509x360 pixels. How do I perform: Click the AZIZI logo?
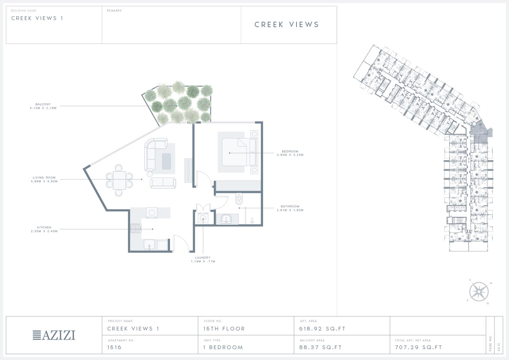(x=54, y=335)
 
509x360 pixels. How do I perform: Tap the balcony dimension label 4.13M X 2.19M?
(x=43, y=108)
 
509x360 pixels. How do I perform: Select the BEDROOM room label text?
(x=290, y=151)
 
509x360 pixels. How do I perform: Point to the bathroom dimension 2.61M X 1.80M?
(x=290, y=210)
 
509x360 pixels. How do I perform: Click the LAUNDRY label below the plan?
(x=203, y=258)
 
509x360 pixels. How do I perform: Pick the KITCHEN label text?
(x=44, y=227)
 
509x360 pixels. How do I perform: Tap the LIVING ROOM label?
(x=44, y=177)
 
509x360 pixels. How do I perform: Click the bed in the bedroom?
(x=240, y=152)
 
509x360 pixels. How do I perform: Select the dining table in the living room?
(x=119, y=180)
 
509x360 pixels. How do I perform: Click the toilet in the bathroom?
(x=239, y=199)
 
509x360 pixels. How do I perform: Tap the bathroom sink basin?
(x=226, y=219)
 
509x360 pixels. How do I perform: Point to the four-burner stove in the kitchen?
(x=136, y=228)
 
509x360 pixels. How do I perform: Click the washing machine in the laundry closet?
(x=203, y=218)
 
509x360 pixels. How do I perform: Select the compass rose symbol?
(x=479, y=291)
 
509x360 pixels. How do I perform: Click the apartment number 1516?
(x=114, y=347)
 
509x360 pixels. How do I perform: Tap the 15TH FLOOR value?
(x=224, y=329)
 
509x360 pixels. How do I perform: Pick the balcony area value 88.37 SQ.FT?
(x=320, y=347)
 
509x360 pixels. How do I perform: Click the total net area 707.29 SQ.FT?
(x=418, y=347)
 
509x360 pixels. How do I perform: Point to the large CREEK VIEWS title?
(x=287, y=24)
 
